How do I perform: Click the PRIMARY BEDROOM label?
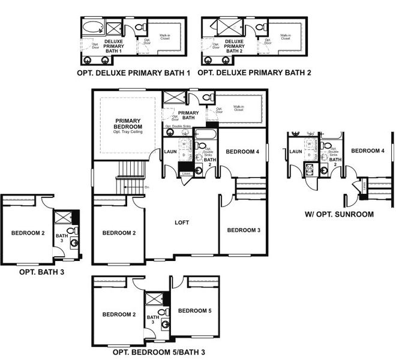tap(128, 124)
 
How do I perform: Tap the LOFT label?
tap(181, 222)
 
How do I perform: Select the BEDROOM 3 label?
tap(244, 230)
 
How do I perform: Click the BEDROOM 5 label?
tap(194, 310)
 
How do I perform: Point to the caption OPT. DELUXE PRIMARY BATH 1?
tap(133, 73)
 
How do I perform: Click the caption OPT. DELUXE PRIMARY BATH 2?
tap(254, 73)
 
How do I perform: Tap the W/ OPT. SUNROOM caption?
tap(339, 214)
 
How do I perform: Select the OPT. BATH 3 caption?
tap(43, 272)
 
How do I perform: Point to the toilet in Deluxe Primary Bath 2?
tap(260, 28)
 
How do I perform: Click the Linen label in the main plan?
tap(186, 173)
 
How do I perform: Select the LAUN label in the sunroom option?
tap(295, 152)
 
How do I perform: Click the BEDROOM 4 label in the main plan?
tap(242, 152)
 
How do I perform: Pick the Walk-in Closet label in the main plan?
tap(238, 110)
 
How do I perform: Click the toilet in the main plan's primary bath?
tap(206, 98)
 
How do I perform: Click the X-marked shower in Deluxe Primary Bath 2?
tap(229, 28)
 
